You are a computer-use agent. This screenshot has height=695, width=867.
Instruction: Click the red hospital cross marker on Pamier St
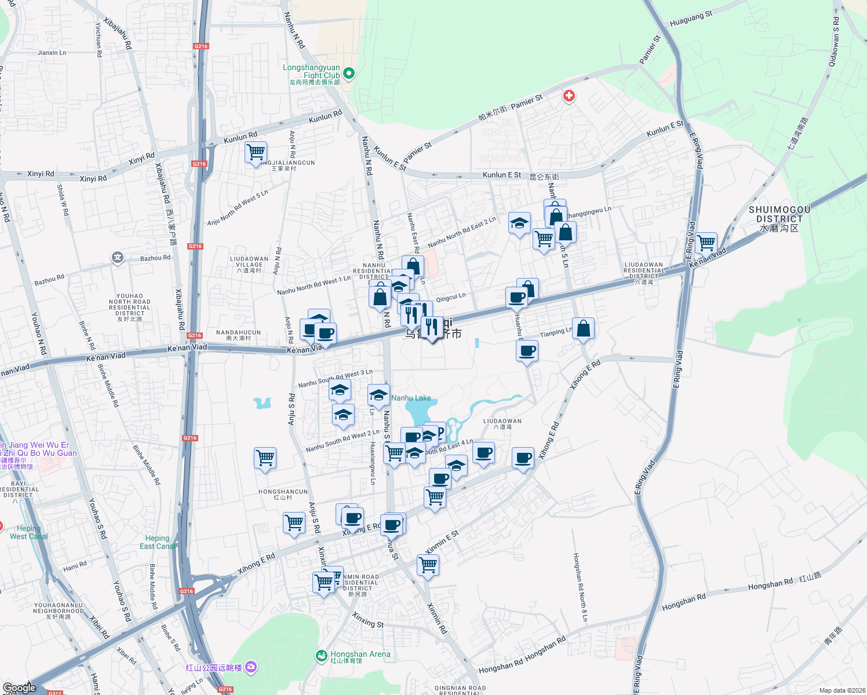click(569, 96)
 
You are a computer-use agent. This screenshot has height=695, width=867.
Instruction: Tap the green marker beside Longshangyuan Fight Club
click(349, 74)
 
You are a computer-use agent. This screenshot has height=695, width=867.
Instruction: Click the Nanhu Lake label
click(411, 398)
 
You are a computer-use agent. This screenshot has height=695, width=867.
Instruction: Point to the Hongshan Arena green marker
click(321, 655)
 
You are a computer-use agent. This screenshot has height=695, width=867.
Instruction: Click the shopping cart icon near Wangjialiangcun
click(256, 152)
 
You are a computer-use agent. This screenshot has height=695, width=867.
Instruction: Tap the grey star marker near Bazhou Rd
click(118, 257)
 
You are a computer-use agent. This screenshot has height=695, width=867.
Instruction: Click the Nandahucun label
click(238, 335)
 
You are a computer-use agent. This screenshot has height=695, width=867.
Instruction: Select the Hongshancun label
click(283, 494)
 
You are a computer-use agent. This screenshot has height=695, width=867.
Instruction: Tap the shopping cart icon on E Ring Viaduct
click(706, 243)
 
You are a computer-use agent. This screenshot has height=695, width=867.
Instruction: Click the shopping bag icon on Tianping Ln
click(584, 329)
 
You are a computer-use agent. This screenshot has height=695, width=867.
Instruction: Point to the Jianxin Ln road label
click(52, 53)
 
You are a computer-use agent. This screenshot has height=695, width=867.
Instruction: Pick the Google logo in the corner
click(19, 687)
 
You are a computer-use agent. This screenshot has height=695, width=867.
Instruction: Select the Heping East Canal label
click(157, 542)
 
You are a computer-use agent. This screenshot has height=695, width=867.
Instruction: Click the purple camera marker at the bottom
click(251, 667)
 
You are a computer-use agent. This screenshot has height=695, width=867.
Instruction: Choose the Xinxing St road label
click(368, 620)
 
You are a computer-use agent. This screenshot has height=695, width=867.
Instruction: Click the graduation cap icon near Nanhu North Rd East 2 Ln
click(519, 223)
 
